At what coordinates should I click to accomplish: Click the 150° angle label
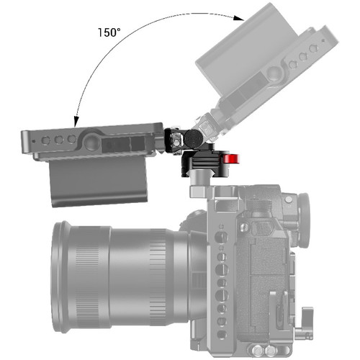coord(109,32)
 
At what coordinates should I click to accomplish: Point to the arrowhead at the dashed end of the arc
coord(239,18)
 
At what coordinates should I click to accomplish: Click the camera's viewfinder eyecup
coord(304,220)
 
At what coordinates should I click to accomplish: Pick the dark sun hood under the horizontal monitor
coord(98,182)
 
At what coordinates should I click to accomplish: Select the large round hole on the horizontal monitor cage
coord(91,143)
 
